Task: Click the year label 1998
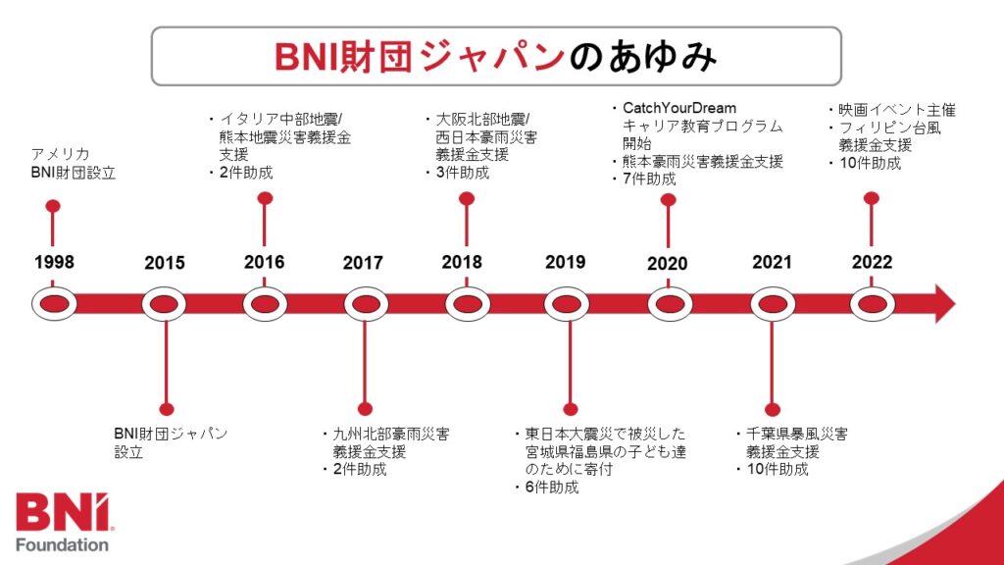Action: coord(54,262)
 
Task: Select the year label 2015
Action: coord(165,263)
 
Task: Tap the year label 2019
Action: coord(566,262)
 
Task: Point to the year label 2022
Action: coord(872,262)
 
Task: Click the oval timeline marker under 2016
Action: coord(265,304)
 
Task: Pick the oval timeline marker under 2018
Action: coord(468,304)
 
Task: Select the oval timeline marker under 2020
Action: coord(670,304)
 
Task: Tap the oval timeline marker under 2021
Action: coord(773,304)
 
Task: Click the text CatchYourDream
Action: coord(679,108)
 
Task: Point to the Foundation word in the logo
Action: coord(62,545)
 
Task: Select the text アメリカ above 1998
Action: coord(60,154)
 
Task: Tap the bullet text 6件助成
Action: coord(552,488)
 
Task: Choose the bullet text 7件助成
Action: coord(649,179)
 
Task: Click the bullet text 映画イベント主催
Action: coord(897,110)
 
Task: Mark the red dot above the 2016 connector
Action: coord(265,198)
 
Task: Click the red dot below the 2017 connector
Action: coord(365,409)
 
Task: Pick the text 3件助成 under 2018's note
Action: coord(463,173)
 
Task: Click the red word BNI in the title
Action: coord(307,56)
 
